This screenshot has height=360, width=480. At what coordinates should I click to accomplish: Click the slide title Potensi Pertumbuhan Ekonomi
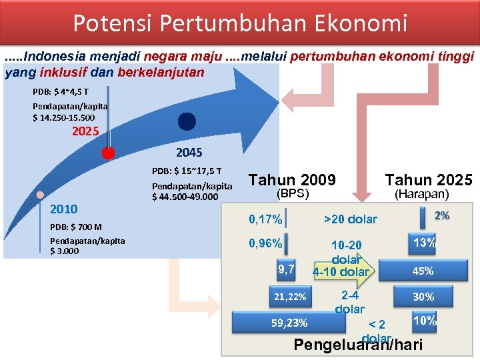pos(239,23)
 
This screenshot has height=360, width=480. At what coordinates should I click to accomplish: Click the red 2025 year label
pos(85,131)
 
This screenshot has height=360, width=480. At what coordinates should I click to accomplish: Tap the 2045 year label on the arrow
pos(189,153)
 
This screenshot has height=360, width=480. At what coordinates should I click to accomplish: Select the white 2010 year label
pos(64,209)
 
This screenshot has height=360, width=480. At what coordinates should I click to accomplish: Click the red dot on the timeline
pos(107,153)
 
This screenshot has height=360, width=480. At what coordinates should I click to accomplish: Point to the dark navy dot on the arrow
pos(187,121)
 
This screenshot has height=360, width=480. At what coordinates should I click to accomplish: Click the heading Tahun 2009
pos(292,179)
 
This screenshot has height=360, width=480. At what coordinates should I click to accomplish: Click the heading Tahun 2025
pos(429,179)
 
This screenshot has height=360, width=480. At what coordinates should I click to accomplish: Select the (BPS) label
pos(293,194)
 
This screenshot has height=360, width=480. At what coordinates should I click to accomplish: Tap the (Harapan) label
pos(422,194)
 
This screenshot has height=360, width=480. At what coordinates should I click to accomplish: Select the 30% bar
pos(423,297)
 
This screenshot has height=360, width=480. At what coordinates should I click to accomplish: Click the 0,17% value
pos(265,219)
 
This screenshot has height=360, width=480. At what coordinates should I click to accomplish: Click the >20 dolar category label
pos(350,219)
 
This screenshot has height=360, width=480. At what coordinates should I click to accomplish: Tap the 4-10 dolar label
pos(341,271)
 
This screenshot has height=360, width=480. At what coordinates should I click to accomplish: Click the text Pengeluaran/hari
pos(358,345)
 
